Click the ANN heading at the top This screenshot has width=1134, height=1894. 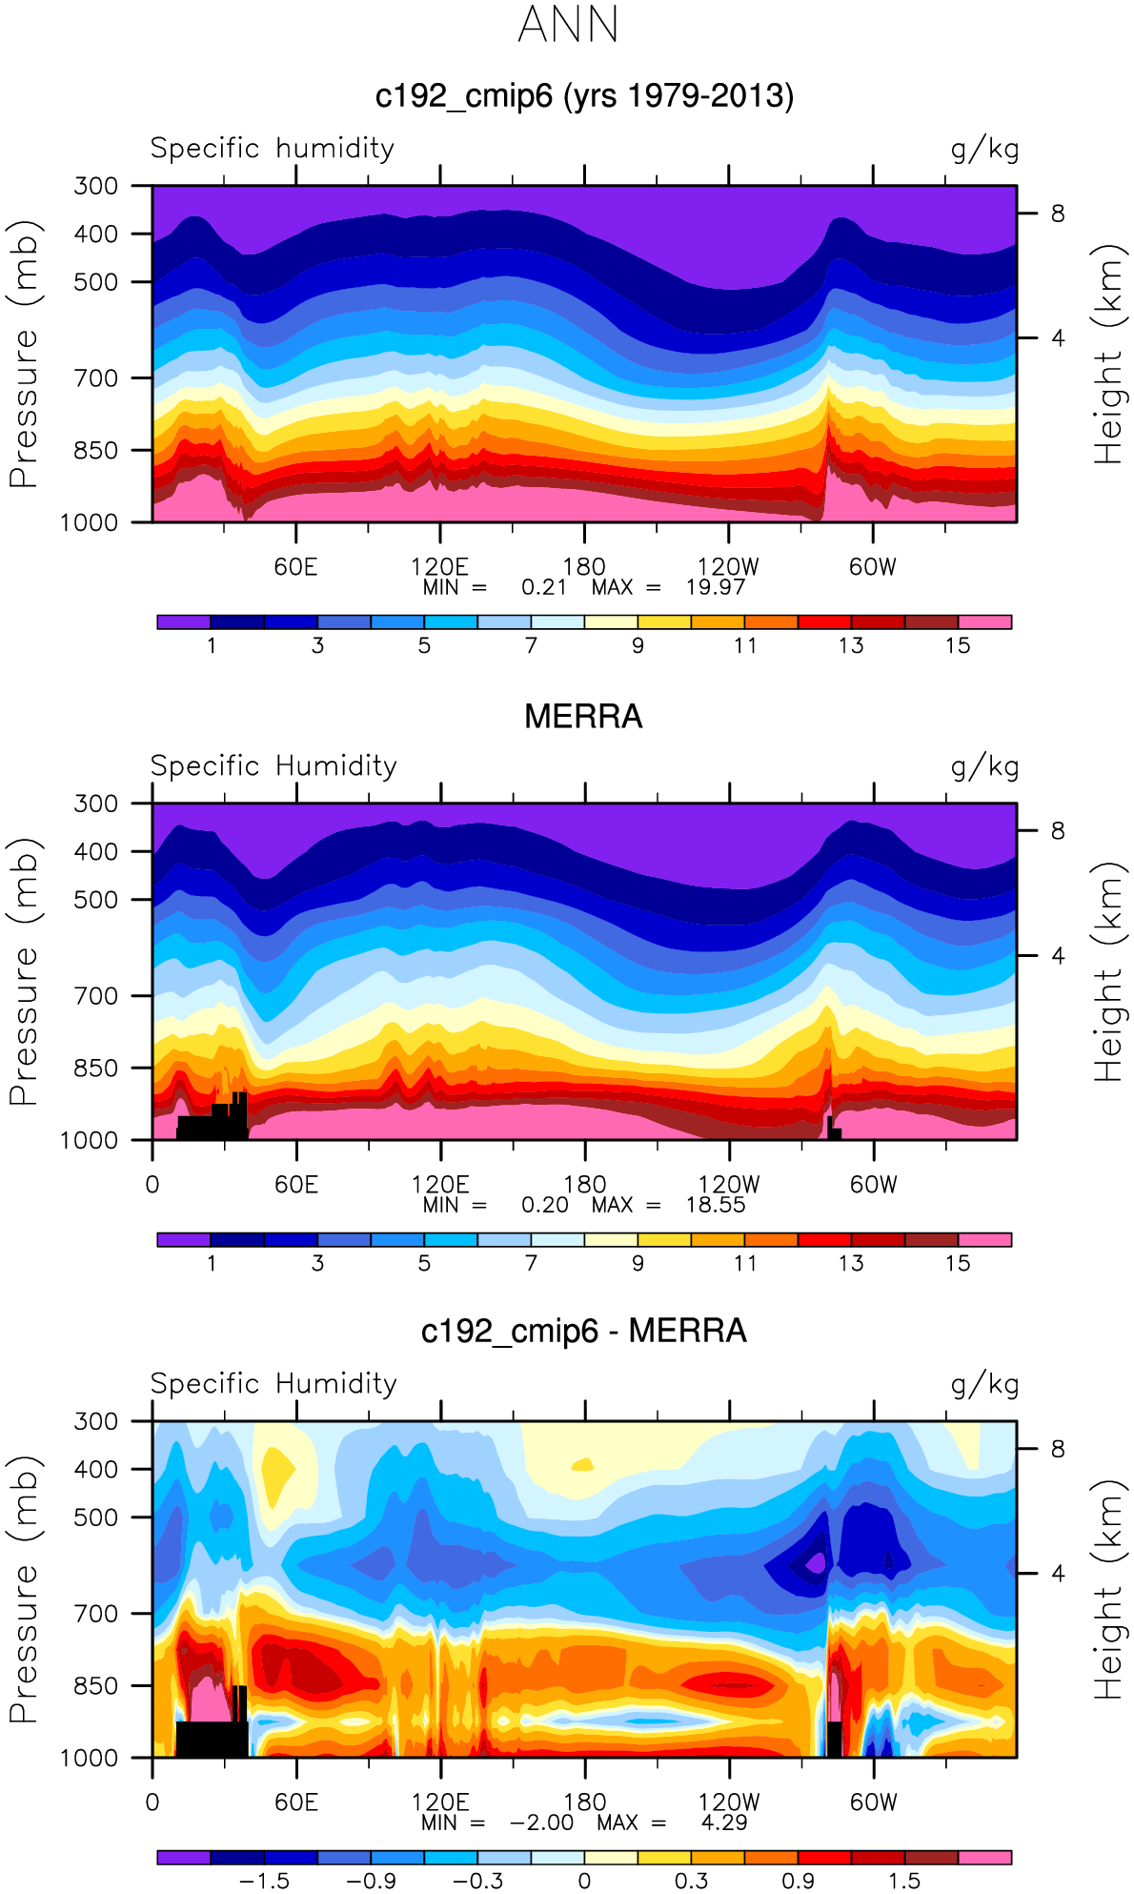(569, 25)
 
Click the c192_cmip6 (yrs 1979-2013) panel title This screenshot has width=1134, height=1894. (584, 96)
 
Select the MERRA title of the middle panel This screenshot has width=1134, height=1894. (583, 717)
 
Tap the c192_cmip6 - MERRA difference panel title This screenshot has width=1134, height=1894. (583, 1331)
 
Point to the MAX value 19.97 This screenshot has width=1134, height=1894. (715, 587)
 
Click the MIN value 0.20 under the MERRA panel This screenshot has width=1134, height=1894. (544, 1205)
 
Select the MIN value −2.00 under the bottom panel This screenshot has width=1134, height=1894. (541, 1823)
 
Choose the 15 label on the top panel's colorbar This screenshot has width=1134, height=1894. (958, 645)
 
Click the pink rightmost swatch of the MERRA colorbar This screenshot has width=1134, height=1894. (984, 1239)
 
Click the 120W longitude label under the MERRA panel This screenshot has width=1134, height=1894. (729, 1185)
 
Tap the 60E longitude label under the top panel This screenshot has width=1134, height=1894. (295, 567)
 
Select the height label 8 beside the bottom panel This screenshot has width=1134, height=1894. (1058, 1449)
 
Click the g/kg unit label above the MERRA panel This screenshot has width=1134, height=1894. (984, 766)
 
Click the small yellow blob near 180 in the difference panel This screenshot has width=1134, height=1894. (580, 1464)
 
